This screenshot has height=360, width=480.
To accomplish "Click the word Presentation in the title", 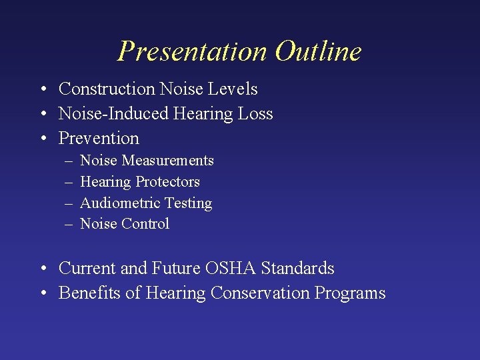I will point(191,51).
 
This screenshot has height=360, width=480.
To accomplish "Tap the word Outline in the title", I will point(318,51).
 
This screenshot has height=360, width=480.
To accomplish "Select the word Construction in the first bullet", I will point(107,89).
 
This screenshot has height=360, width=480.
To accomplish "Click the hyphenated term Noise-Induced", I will point(113,114).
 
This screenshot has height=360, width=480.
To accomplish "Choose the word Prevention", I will point(99,139).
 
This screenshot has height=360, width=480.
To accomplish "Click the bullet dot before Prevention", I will point(42,139).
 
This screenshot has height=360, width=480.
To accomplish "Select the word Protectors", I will point(167,182).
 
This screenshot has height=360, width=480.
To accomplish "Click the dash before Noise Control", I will point(69,225).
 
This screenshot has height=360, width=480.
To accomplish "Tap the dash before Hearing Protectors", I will point(69,183).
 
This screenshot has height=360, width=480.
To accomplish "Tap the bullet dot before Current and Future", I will point(42,269).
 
